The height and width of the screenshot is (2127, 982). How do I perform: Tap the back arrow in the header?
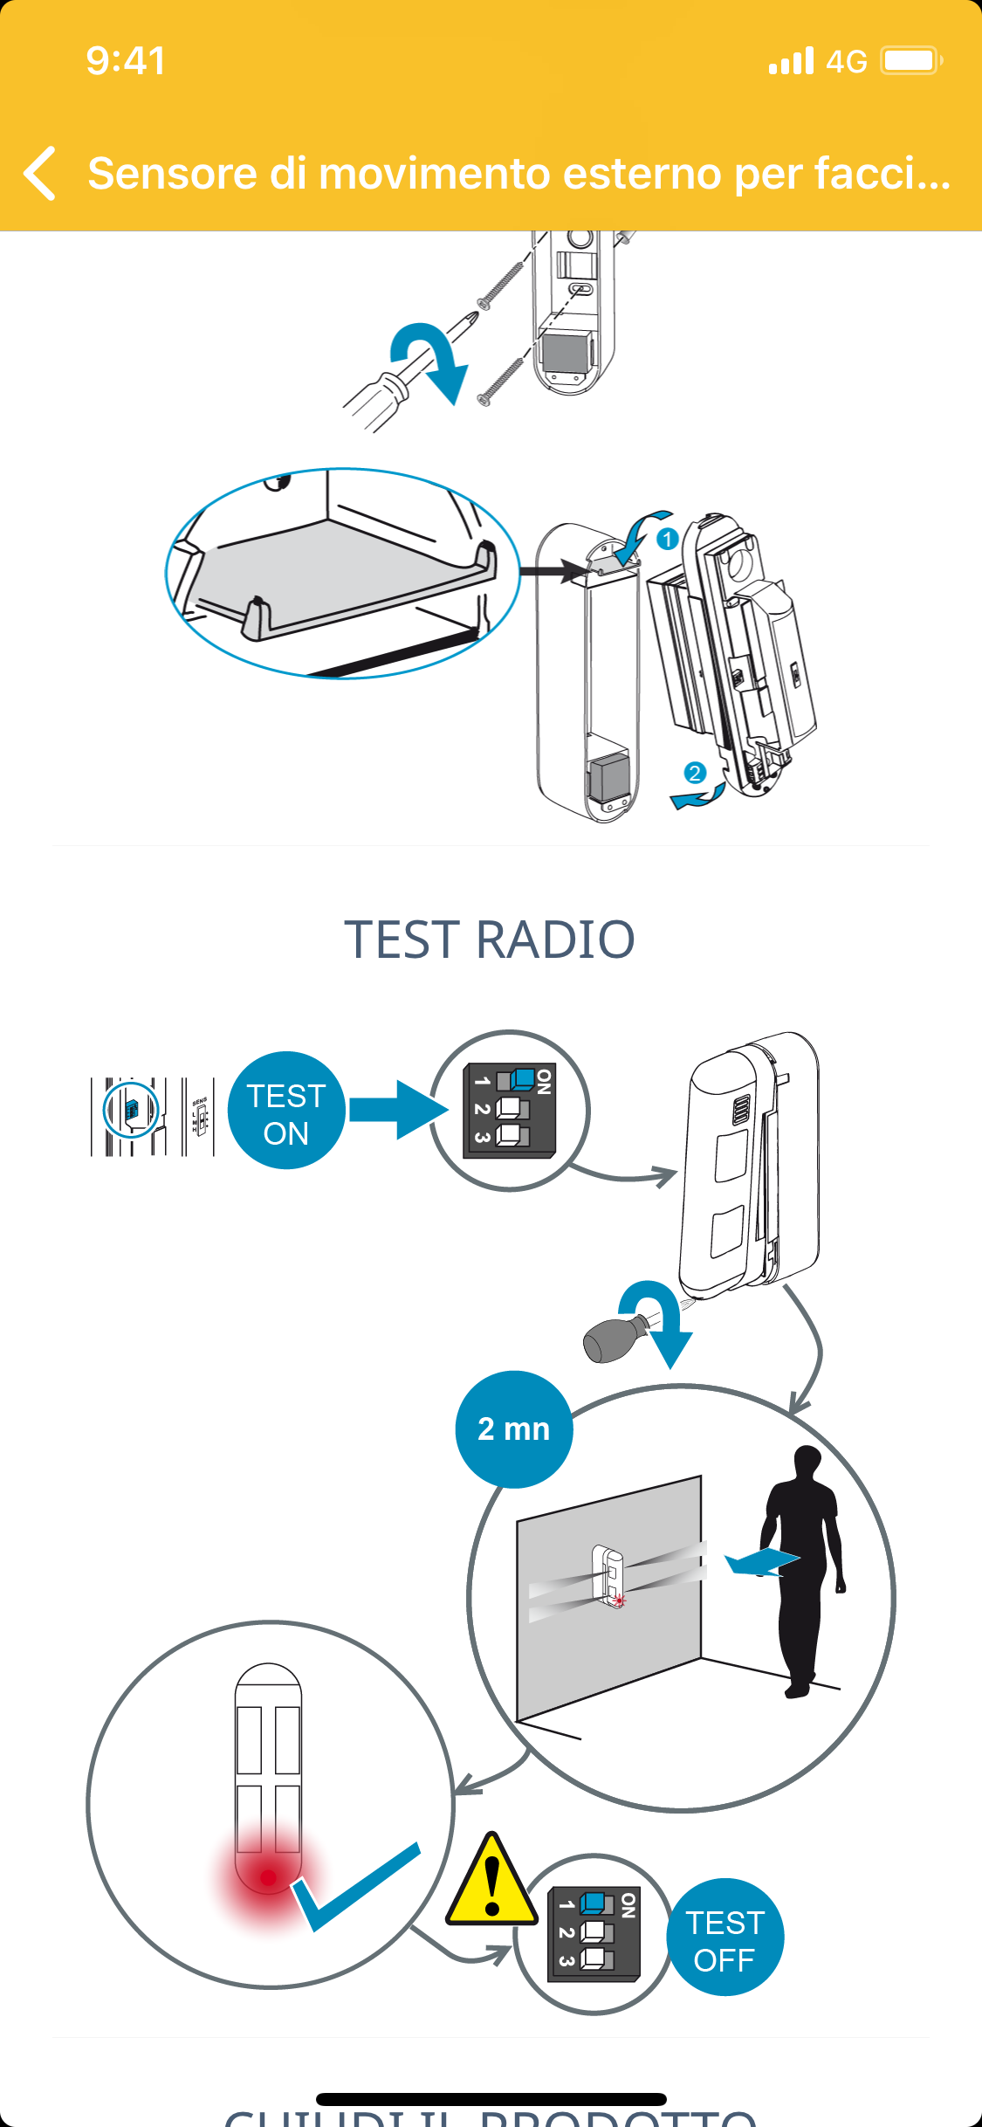point(40,173)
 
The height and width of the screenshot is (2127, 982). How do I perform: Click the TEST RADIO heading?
point(490,940)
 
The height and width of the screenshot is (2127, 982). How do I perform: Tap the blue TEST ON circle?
point(286,1111)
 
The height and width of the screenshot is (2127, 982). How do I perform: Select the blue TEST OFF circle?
point(724,1937)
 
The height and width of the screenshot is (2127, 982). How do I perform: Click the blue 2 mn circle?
point(514,1429)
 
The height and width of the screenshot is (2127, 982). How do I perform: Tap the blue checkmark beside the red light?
point(354,1886)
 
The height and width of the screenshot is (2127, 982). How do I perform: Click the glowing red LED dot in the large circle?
point(268,1876)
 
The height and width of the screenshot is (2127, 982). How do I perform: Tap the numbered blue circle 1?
point(668,539)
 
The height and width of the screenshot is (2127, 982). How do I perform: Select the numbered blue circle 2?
point(695,773)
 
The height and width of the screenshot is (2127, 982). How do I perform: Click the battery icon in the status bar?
point(910,61)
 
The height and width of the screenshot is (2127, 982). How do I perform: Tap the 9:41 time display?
point(126,61)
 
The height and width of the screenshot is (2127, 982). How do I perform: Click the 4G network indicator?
point(846,61)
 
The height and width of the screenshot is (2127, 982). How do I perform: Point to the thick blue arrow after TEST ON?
point(397,1110)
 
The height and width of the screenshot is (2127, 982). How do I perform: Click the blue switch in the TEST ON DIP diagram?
point(522,1079)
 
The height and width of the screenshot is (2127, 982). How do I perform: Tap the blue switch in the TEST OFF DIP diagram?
point(595,1902)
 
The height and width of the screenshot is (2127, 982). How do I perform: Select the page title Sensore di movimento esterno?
point(518,173)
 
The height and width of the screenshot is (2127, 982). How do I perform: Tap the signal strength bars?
point(791,61)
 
